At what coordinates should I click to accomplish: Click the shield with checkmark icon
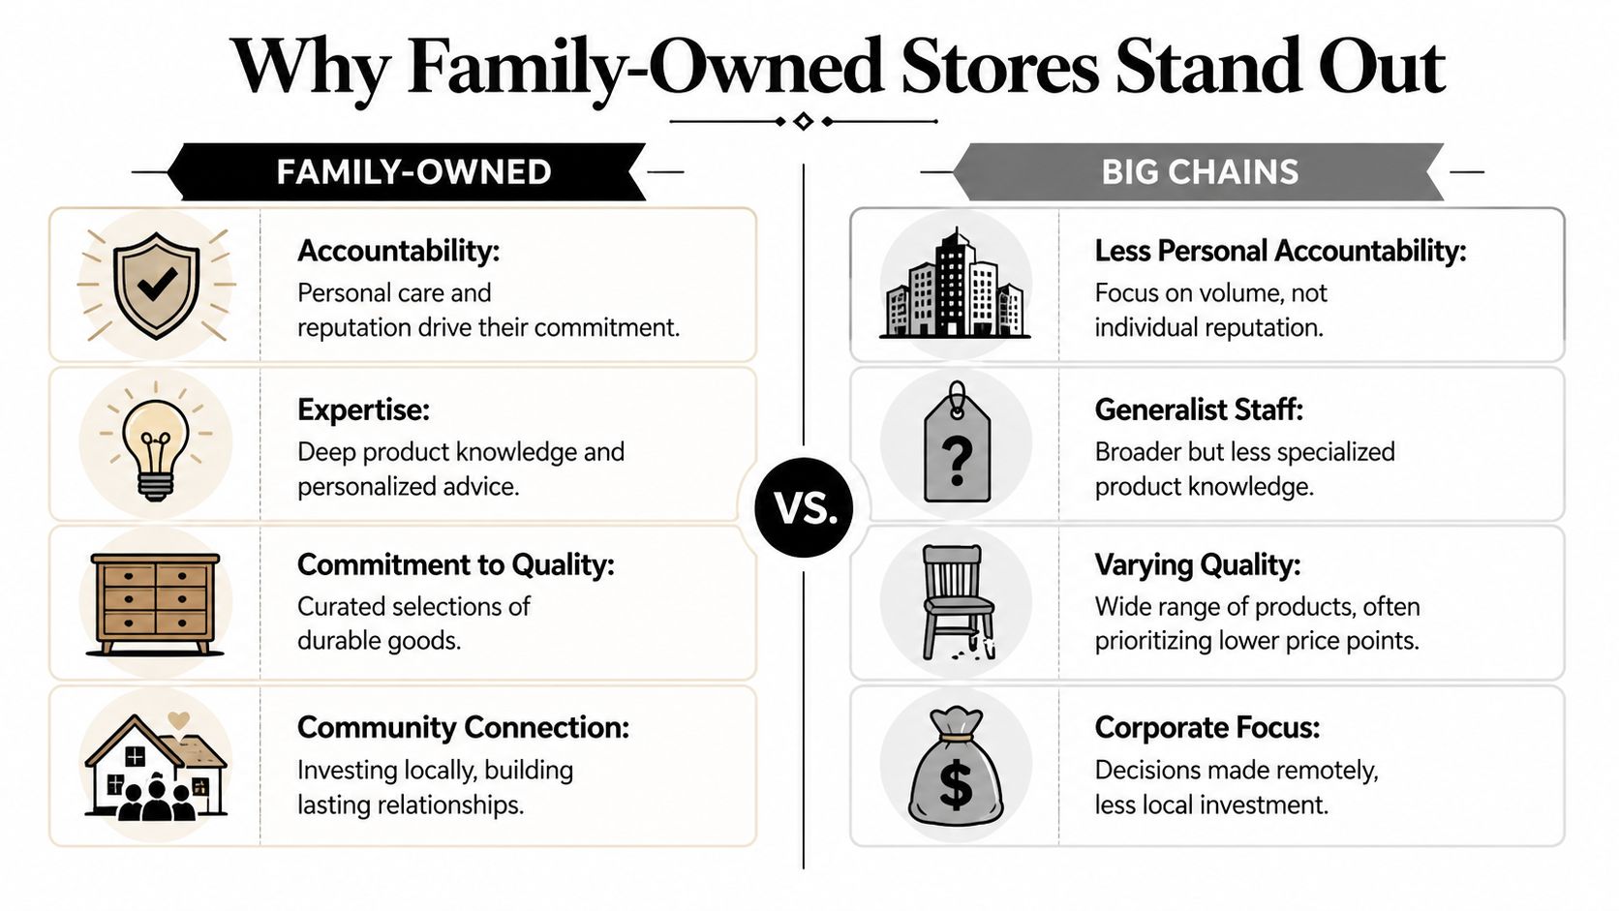[x=156, y=285]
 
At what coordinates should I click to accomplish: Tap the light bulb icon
[x=156, y=444]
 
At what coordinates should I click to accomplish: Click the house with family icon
[x=155, y=771]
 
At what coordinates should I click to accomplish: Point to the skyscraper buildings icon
[x=955, y=285]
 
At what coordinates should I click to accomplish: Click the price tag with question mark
[x=957, y=444]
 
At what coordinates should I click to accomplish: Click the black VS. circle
[x=804, y=507]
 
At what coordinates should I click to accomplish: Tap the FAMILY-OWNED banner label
[x=413, y=172]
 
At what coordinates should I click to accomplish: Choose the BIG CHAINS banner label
[x=1199, y=172]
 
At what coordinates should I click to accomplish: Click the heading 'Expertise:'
[x=363, y=410]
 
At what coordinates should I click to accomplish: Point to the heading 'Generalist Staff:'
[x=1199, y=410]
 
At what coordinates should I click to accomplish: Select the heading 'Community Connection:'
[x=463, y=727]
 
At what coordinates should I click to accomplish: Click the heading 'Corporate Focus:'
[x=1207, y=727]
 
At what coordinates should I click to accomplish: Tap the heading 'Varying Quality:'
[x=1197, y=564]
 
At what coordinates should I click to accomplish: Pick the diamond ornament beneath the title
[x=803, y=121]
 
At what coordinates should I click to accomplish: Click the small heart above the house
[x=178, y=720]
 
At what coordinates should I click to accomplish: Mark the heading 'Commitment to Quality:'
[x=455, y=564]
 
